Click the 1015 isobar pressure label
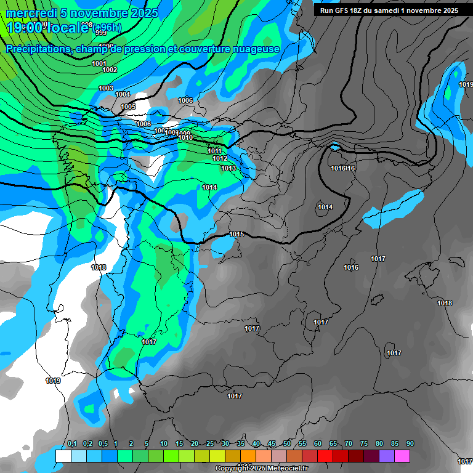pos(236,234)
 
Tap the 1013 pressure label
pos(228,168)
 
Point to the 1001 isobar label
pos(99,63)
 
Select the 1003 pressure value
pos(106,88)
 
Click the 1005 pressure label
pos(128,107)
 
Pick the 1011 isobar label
pos(214,151)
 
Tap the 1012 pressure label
pos(220,158)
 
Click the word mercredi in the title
pos(31,13)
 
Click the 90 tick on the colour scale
pos(410,443)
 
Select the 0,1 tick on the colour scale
pos(71,443)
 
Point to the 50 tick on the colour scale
pos(287,443)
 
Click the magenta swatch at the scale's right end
pos(402,456)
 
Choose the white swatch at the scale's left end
pos(63,456)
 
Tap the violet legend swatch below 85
pos(387,456)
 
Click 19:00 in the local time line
pos(25,27)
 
